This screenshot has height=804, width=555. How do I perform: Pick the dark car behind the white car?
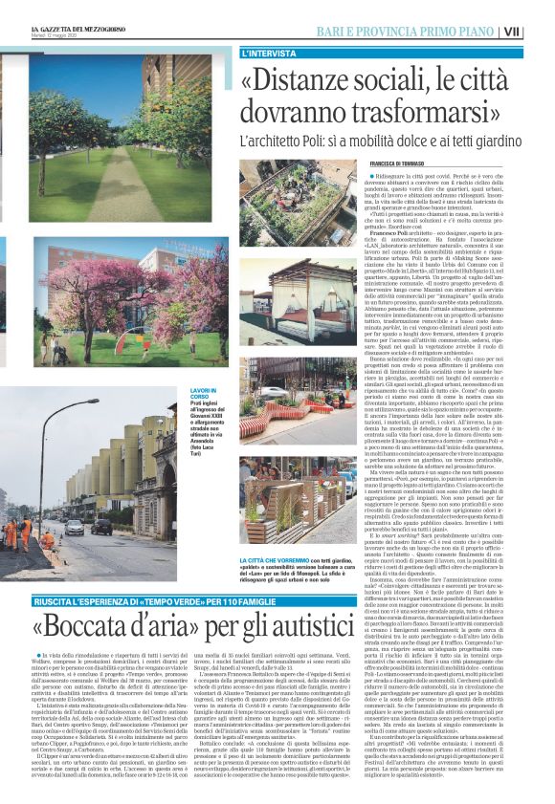(x=102, y=525)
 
